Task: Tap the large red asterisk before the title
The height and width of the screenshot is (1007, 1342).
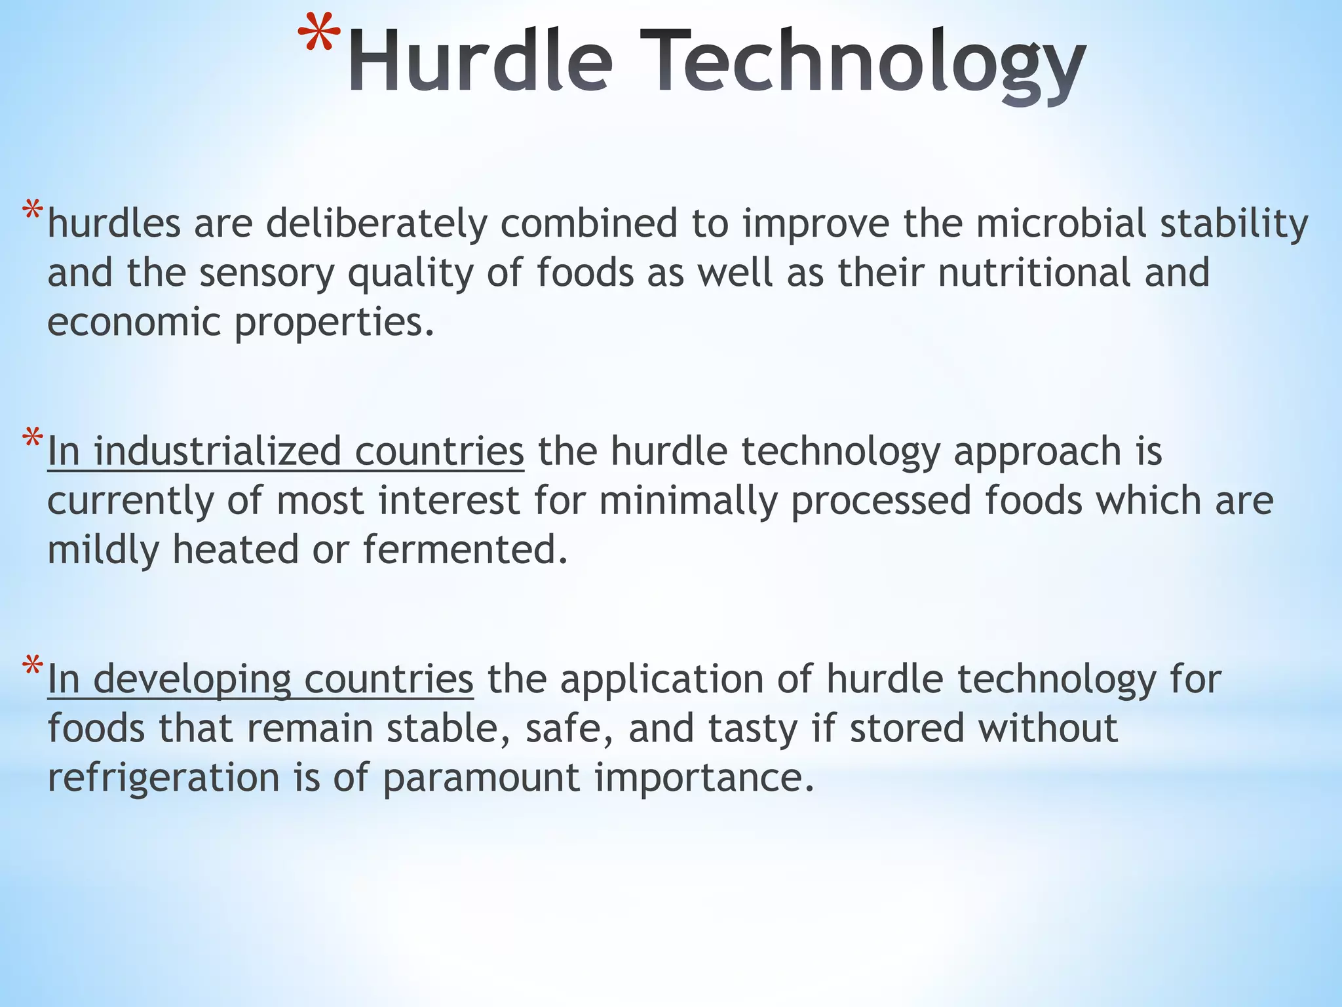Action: coord(320,36)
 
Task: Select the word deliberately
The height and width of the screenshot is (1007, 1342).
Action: coord(376,224)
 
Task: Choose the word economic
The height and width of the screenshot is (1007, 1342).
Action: coord(134,322)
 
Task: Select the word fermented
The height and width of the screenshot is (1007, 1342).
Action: coord(465,549)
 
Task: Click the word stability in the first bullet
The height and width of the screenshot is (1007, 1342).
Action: coord(1234,224)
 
